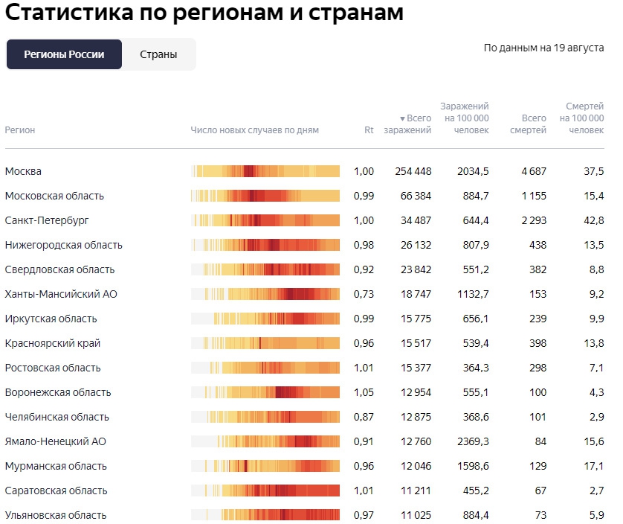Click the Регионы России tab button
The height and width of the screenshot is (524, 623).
(x=64, y=54)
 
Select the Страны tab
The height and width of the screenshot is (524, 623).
(x=158, y=54)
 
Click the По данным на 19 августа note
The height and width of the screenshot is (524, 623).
(x=543, y=48)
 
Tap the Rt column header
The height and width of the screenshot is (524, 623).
(x=369, y=130)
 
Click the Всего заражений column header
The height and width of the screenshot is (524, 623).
(x=408, y=124)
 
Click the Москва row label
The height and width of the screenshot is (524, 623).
(x=23, y=171)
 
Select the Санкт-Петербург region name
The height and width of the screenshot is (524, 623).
(x=47, y=220)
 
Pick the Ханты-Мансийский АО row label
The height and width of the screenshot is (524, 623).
(x=61, y=294)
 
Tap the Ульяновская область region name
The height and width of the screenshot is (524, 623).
(x=56, y=515)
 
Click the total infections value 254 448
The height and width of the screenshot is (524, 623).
(x=413, y=171)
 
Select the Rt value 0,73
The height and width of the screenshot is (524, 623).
(x=364, y=294)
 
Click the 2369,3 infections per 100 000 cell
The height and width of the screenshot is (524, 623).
(x=471, y=441)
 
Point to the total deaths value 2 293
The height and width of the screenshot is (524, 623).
(x=533, y=220)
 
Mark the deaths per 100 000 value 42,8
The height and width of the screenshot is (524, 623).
(x=593, y=220)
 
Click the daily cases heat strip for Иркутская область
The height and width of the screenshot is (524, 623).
(x=265, y=319)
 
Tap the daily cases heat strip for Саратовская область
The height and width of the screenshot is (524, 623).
(x=265, y=491)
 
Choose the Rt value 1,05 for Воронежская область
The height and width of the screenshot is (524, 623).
(x=364, y=392)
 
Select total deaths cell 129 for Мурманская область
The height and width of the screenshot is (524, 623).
(x=537, y=466)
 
